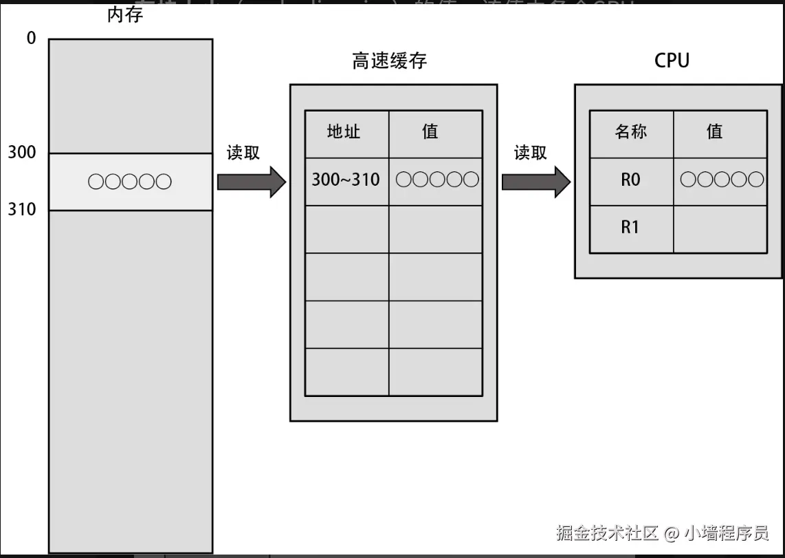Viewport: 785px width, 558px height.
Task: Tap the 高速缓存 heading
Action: point(389,61)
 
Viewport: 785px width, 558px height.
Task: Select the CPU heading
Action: point(671,61)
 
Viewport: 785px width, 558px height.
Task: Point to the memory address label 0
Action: point(31,39)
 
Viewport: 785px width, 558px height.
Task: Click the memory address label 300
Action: point(22,152)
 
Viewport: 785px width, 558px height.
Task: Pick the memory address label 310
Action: point(22,209)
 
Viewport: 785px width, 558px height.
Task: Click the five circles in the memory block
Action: point(130,182)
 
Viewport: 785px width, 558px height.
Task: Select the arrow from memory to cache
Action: point(251,182)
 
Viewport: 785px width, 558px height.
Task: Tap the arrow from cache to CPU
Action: point(535,182)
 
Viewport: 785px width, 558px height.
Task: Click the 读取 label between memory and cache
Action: point(243,153)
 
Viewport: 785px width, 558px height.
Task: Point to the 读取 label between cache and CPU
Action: point(530,153)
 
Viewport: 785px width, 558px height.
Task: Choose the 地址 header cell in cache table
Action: point(344,131)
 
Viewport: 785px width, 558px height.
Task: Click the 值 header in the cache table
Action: point(430,131)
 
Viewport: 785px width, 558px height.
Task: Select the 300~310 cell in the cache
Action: point(346,180)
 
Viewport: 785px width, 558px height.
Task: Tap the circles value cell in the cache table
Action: point(436,180)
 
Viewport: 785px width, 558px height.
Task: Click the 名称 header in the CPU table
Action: point(630,131)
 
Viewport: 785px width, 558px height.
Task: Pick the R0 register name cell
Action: point(630,180)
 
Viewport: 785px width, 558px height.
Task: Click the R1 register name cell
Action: point(630,228)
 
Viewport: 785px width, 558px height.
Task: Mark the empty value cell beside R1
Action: point(720,229)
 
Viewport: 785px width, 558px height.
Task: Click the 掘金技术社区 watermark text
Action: point(608,533)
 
